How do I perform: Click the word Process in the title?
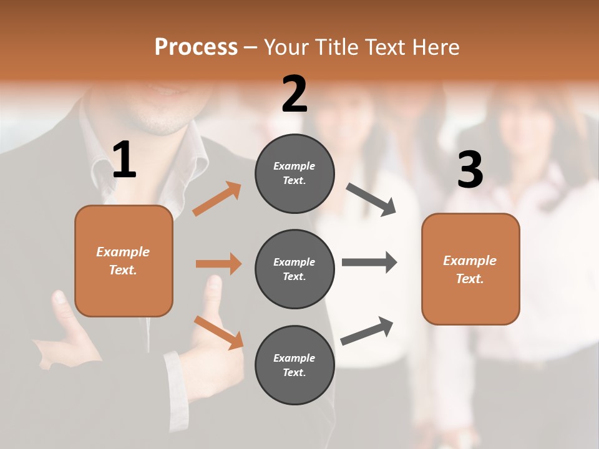pyautogui.click(x=196, y=47)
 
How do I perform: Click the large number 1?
pyautogui.click(x=124, y=160)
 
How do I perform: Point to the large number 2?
pyautogui.click(x=295, y=94)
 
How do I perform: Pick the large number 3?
pyautogui.click(x=470, y=170)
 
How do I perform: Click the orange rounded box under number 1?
pyautogui.click(x=124, y=261)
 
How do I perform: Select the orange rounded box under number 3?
pyautogui.click(x=470, y=269)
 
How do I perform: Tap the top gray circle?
pyautogui.click(x=295, y=173)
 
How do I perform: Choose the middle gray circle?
pyautogui.click(x=295, y=269)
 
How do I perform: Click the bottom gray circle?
pyautogui.click(x=295, y=365)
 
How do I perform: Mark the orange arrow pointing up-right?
pyautogui.click(x=217, y=199)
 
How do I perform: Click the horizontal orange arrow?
pyautogui.click(x=218, y=264)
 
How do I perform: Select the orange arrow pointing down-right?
pyautogui.click(x=218, y=332)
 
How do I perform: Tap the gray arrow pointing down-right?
pyautogui.click(x=371, y=200)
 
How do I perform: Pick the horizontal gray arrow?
pyautogui.click(x=369, y=263)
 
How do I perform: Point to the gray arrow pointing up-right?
pyautogui.click(x=368, y=331)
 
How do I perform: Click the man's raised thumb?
pyautogui.click(x=213, y=290)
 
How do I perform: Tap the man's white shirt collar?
pyautogui.click(x=187, y=159)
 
